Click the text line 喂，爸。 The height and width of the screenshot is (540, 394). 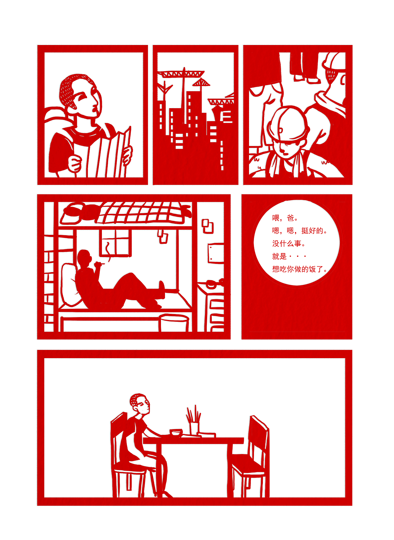click(285, 218)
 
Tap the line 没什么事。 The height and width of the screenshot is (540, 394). click(288, 243)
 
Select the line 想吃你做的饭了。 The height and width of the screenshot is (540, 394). click(299, 269)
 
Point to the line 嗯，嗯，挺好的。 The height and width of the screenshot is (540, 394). click(299, 231)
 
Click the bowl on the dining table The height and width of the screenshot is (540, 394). click(176, 432)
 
